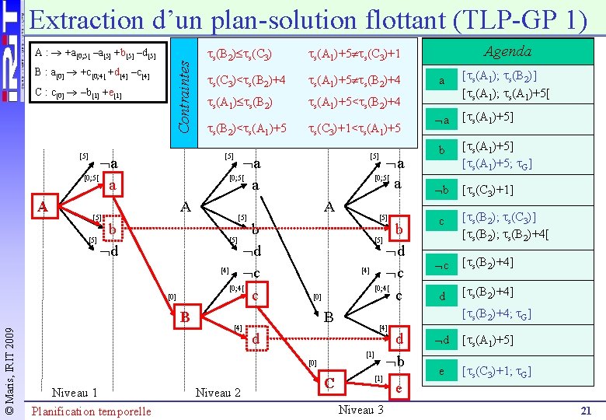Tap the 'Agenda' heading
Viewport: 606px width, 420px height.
tap(507, 52)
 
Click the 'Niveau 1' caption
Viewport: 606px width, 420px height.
tap(74, 392)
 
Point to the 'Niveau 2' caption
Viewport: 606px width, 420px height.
tap(218, 392)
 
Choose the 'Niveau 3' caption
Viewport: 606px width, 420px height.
tap(362, 409)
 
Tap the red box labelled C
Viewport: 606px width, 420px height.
tap(330, 383)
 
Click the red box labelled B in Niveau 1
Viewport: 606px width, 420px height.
tap(185, 317)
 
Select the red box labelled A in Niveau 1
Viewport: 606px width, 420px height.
tap(45, 206)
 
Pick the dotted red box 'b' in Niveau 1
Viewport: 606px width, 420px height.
tap(113, 230)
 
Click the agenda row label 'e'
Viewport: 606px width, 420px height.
tap(441, 372)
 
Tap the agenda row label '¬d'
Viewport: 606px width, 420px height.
tap(441, 340)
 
